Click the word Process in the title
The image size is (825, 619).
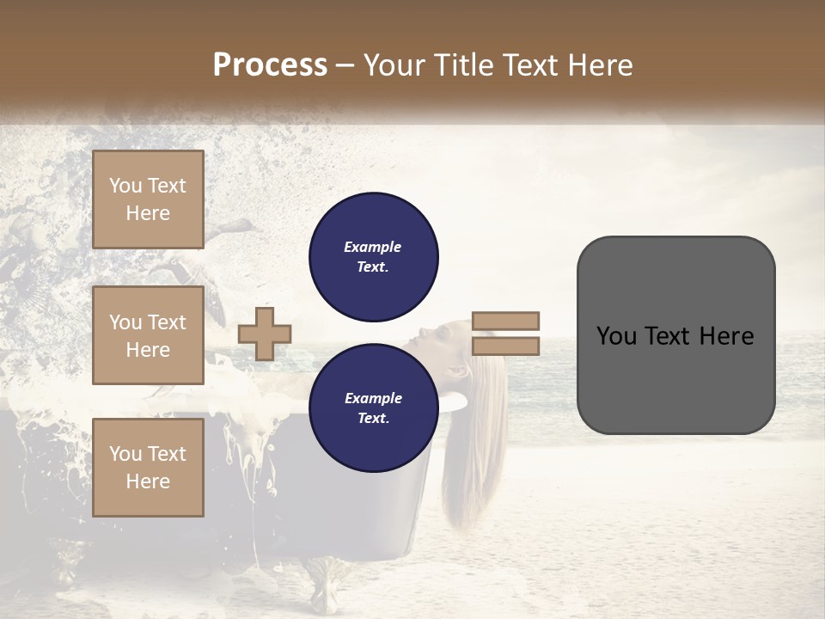point(270,64)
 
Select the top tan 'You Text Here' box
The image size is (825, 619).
point(148,199)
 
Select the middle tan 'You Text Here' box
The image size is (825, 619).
point(148,336)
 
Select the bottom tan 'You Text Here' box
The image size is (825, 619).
point(148,468)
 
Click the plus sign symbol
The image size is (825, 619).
point(265,334)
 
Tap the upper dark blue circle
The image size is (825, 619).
point(373,257)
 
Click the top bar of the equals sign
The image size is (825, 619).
point(505,321)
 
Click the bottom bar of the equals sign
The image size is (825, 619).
point(505,346)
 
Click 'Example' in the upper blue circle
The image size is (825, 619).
point(373,247)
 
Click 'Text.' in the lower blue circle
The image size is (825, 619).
point(373,419)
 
